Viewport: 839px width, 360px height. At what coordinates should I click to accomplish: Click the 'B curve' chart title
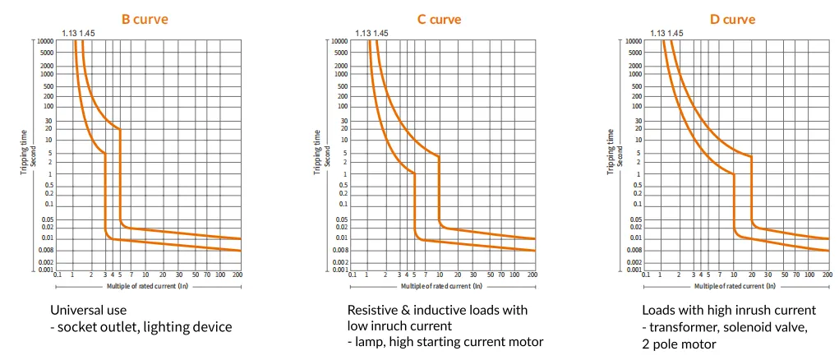[145, 19]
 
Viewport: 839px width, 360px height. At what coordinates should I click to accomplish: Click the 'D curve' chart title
[733, 19]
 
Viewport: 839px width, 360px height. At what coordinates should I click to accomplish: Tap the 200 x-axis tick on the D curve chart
[826, 275]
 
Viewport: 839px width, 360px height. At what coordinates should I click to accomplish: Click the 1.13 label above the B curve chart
[69, 34]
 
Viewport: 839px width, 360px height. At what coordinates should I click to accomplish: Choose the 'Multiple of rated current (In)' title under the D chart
[733, 287]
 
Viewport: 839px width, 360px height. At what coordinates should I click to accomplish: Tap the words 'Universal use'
[88, 311]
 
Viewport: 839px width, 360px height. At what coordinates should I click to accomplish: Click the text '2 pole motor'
[678, 344]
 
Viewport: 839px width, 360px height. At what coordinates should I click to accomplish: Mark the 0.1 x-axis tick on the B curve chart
[58, 275]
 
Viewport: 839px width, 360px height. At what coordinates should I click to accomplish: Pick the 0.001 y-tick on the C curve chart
[339, 270]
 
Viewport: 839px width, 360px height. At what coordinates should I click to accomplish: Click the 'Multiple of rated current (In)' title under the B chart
[145, 287]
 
